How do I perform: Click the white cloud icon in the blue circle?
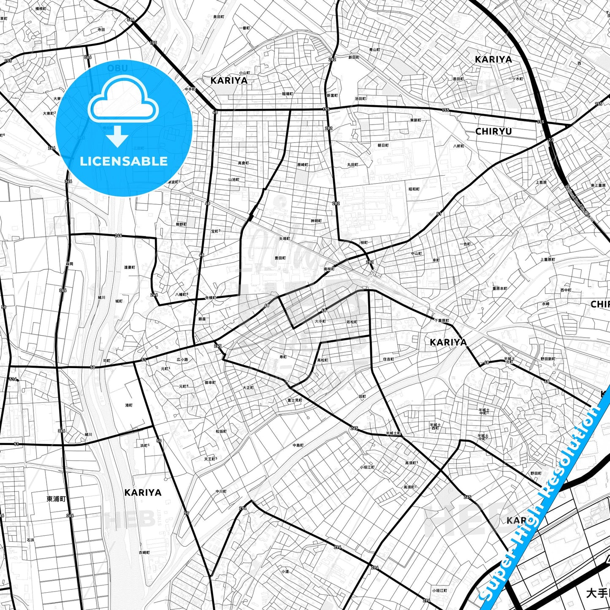123,100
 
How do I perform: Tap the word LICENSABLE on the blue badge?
124,161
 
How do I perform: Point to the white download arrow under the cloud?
117,136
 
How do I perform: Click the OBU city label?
117,68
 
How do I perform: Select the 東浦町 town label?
56,499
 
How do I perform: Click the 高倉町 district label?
243,163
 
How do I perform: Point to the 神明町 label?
316,221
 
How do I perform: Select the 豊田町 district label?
280,258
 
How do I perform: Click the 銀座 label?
202,319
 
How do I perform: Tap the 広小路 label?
182,360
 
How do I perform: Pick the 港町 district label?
129,405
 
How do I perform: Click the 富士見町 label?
295,400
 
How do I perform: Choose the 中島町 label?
298,445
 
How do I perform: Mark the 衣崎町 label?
144,552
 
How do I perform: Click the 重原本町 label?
500,289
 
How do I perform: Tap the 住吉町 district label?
388,359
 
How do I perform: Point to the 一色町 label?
465,244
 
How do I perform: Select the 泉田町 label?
219,17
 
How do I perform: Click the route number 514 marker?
13,379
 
